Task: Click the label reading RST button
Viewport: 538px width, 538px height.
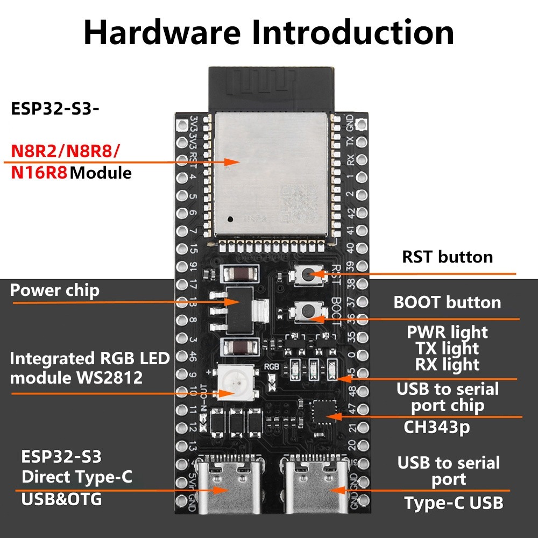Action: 447,257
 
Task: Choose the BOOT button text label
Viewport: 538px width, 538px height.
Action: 447,302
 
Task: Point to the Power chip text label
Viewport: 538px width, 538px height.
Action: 55,291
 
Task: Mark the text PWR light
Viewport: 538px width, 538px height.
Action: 447,332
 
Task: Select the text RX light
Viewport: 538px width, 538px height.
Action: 447,364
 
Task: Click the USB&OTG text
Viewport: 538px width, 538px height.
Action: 61,499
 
